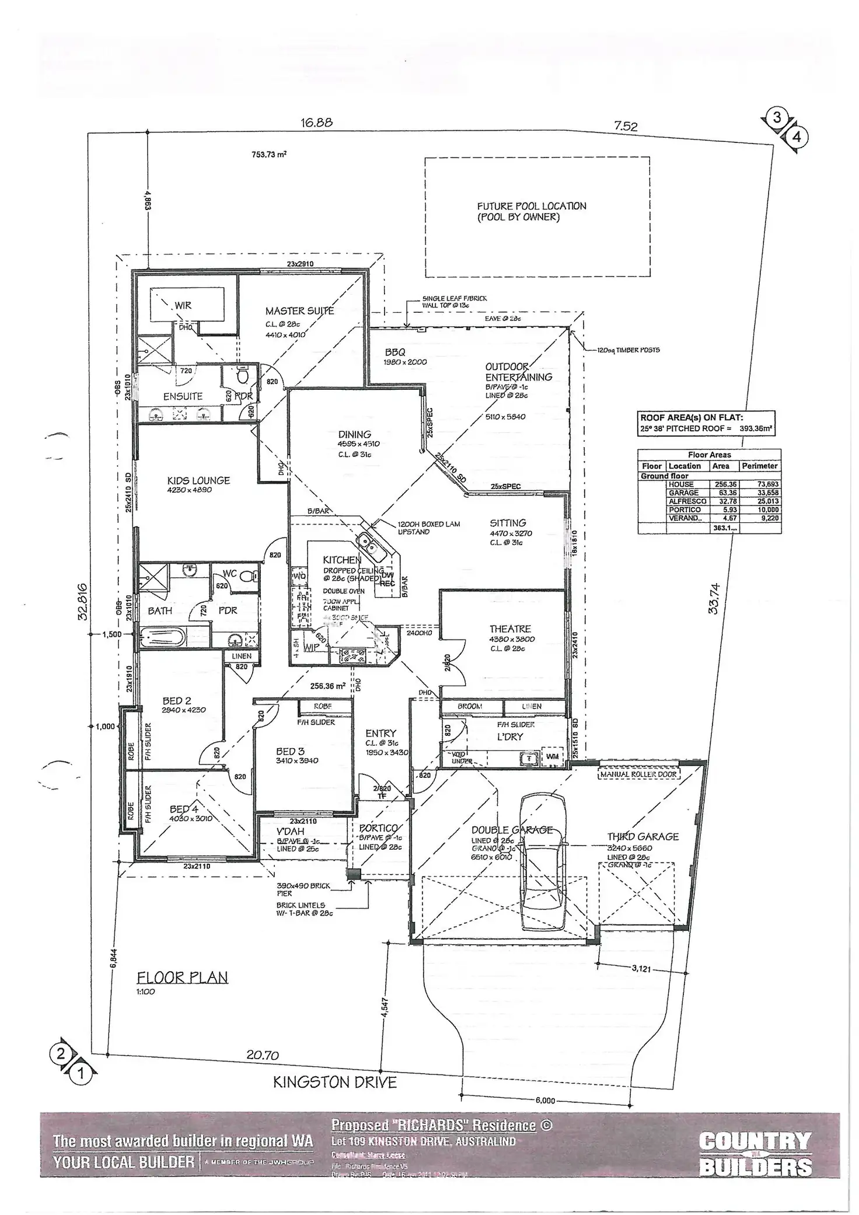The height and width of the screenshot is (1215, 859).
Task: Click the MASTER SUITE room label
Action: pyautogui.click(x=299, y=311)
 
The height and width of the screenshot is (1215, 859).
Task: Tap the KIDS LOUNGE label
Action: pyautogui.click(x=198, y=480)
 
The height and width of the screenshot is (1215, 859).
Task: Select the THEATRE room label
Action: pyautogui.click(x=510, y=629)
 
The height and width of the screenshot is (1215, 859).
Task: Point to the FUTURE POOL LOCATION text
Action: pyautogui.click(x=531, y=206)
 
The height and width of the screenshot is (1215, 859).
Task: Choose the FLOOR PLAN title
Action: pyautogui.click(x=182, y=977)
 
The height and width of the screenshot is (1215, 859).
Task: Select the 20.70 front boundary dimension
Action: pyautogui.click(x=263, y=1055)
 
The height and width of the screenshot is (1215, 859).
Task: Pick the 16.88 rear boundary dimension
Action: pyautogui.click(x=317, y=123)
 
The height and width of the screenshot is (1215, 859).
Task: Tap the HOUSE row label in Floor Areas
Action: pyautogui.click(x=681, y=484)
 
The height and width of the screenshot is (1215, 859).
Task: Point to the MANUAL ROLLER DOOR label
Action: pyautogui.click(x=638, y=774)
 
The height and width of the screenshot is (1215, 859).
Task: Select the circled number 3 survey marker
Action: pyautogui.click(x=777, y=117)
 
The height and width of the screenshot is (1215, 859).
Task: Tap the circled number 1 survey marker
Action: pyautogui.click(x=81, y=1073)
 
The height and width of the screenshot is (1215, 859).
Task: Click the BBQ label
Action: pyautogui.click(x=395, y=352)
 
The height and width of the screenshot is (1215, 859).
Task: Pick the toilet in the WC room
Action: pyautogui.click(x=247, y=576)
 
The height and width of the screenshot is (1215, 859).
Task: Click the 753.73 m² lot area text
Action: pyautogui.click(x=269, y=155)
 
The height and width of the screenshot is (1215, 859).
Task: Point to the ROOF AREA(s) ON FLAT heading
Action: pyautogui.click(x=692, y=418)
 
